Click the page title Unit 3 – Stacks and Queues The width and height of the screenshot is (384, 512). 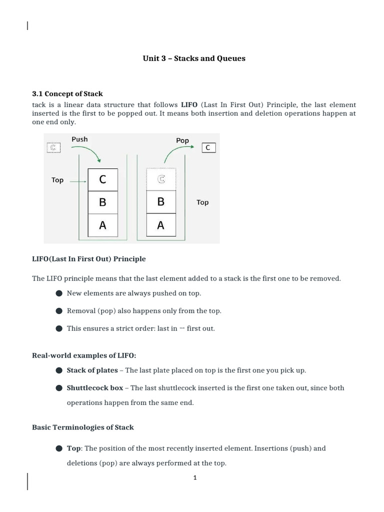coord(194,58)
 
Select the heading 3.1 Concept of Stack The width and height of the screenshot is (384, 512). coord(67,93)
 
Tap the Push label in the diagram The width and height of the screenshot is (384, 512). coord(79,139)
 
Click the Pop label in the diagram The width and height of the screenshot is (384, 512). coord(182,140)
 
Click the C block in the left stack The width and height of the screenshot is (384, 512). coord(103,179)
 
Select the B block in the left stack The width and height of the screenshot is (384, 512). coord(103,202)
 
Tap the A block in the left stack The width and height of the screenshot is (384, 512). coord(103,225)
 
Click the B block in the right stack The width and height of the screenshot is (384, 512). coord(161,202)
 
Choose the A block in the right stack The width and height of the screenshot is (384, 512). coord(161,225)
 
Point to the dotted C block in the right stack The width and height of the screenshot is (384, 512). coord(161,179)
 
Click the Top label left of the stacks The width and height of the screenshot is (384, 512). coord(57,180)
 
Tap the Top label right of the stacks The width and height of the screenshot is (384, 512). coord(202,202)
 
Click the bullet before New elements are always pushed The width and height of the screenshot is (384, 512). coord(59,293)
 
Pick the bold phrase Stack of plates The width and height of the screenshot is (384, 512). coord(92,370)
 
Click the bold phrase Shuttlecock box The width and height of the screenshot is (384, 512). coord(95,388)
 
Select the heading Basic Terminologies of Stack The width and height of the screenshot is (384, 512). coord(83,427)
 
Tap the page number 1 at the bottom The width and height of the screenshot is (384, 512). coord(195,477)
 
